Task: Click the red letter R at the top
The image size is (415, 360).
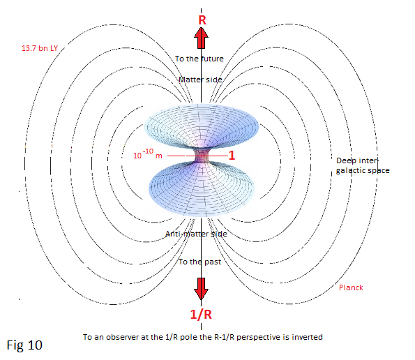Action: pos(202,20)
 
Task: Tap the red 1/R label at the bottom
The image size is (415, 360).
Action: pos(201,314)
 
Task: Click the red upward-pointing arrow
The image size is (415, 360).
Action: pos(201,38)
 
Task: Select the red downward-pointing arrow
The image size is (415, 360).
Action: pos(201,289)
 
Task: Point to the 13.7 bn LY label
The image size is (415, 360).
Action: pos(40,48)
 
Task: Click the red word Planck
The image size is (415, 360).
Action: pos(351,287)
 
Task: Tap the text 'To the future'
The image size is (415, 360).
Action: pos(199,59)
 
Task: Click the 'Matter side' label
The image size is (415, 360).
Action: pos(200,80)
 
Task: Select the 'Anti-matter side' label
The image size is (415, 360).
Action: pos(196,234)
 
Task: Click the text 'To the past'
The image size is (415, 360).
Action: pos(199,262)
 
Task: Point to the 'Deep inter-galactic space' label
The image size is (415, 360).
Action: pos(363,165)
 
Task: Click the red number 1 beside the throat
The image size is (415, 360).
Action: pos(232,156)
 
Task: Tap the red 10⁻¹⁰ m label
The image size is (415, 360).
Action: pos(148,154)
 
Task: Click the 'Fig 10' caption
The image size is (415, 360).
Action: pos(24,345)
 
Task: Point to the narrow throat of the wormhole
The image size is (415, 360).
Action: pos(201,156)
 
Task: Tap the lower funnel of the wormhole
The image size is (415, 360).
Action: pos(201,189)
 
